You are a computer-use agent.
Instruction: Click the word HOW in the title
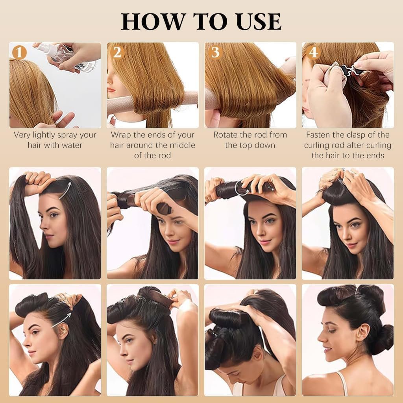(153, 21)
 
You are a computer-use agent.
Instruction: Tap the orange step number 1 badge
(19, 53)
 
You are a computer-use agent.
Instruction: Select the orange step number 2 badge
(117, 52)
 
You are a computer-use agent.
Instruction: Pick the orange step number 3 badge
(215, 52)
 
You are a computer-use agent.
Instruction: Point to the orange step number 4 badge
(313, 52)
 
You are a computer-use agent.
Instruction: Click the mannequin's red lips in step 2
(111, 90)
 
